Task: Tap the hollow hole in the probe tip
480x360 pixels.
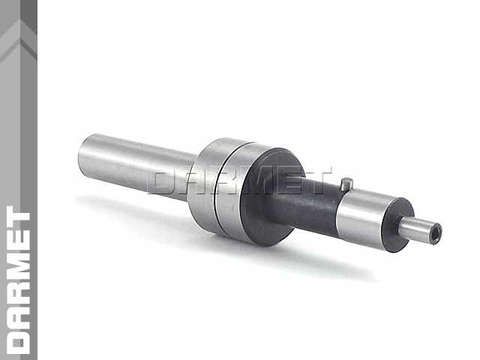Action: tap(436, 230)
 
